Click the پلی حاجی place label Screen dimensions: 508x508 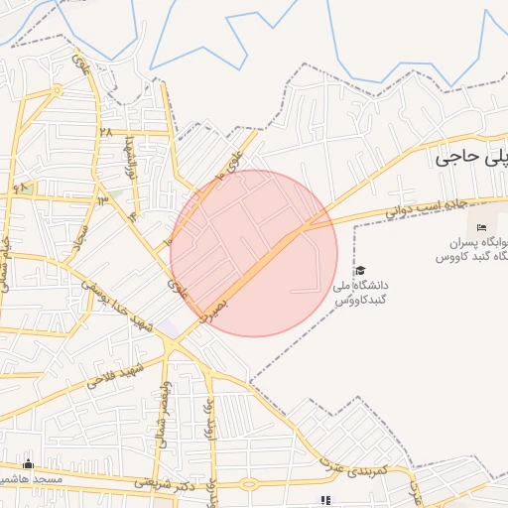tap(470, 157)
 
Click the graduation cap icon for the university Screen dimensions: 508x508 tap(359, 271)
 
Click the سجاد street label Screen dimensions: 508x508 tap(76, 237)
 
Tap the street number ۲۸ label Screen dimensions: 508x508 tap(104, 133)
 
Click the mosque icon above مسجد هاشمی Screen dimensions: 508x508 tap(28, 463)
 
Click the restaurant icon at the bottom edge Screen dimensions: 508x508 tap(323, 500)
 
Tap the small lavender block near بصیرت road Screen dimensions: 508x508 tap(169, 326)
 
